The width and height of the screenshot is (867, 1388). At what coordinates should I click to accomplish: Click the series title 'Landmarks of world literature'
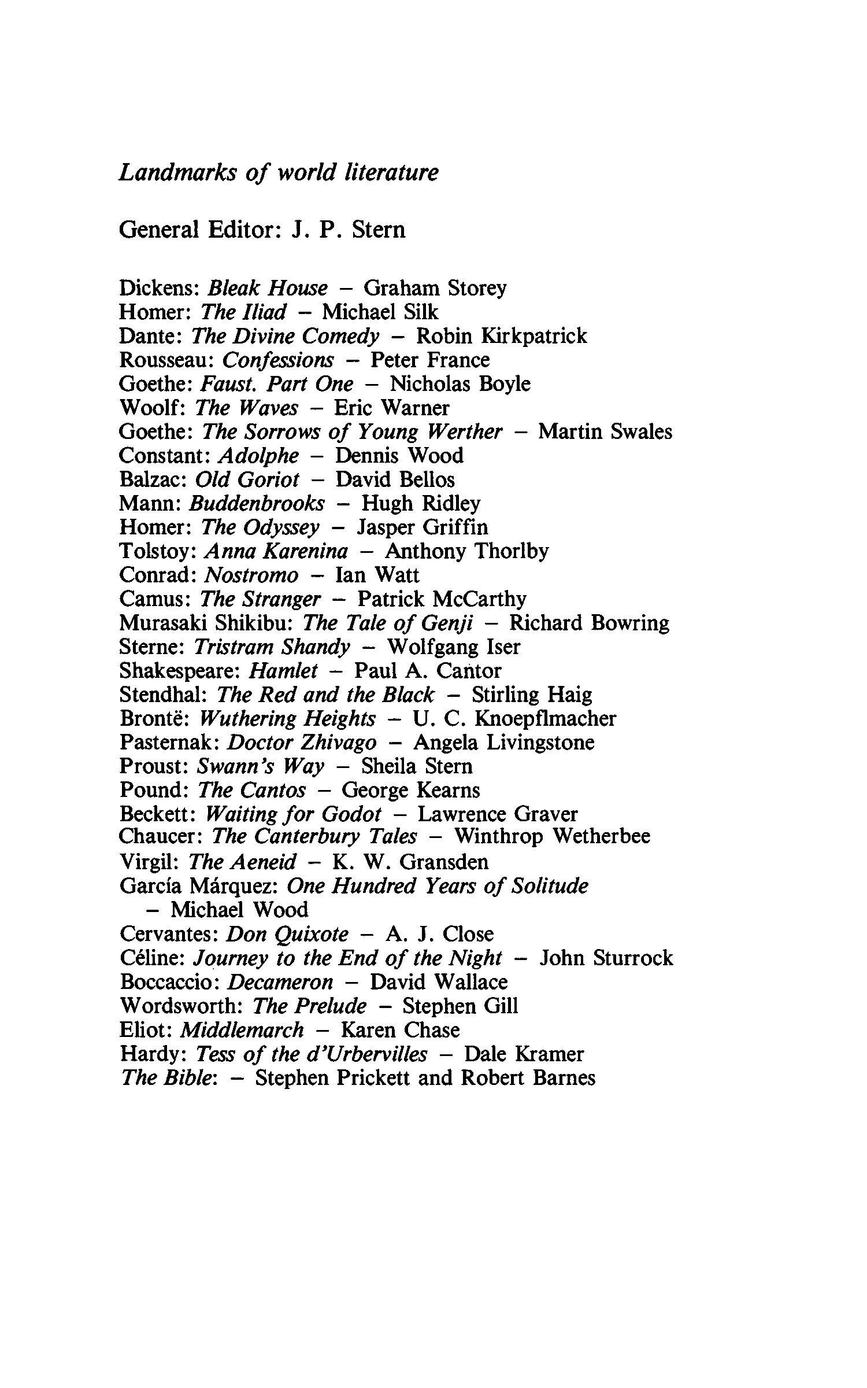(278, 173)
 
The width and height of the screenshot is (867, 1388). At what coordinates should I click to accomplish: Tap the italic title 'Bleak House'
(267, 288)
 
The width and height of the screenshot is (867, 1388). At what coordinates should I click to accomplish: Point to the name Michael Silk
(380, 312)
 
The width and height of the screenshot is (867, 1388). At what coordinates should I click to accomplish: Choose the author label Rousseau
(166, 360)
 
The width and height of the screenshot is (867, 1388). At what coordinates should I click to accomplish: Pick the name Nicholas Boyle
(460, 384)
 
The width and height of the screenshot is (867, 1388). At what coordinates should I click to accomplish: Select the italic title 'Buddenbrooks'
(257, 503)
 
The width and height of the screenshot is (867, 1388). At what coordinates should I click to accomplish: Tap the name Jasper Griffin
(423, 527)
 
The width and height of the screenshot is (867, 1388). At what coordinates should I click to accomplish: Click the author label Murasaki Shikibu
(207, 623)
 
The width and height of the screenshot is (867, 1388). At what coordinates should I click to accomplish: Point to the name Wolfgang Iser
(453, 647)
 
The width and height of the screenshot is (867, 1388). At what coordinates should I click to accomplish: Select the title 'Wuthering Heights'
(287, 718)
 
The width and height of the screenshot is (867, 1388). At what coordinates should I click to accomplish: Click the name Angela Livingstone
(503, 742)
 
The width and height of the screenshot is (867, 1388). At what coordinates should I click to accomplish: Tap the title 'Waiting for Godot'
(293, 814)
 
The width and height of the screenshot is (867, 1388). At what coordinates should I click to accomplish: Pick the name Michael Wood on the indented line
(239, 910)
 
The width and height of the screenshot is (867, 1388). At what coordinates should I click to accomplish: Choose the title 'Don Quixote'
(287, 934)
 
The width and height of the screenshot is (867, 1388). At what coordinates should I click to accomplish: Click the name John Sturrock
(606, 958)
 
